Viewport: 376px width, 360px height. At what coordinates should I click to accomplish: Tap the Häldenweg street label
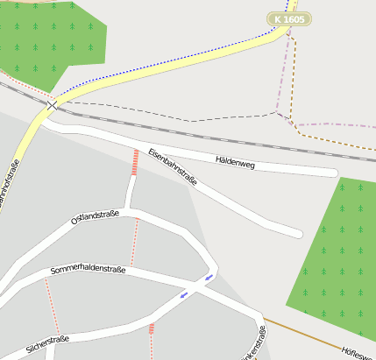coord(235,161)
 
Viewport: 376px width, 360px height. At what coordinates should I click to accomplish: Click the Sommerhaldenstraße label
coord(88,270)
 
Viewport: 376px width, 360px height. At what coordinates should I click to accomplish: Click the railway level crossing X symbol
coord(53,104)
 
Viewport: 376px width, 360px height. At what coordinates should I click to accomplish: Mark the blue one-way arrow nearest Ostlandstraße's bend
coord(209,278)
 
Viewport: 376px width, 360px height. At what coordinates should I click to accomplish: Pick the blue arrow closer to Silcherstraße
coord(183,294)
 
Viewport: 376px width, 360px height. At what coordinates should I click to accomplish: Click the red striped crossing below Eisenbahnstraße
coord(135,162)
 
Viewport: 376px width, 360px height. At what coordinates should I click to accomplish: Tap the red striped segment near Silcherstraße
coord(152,329)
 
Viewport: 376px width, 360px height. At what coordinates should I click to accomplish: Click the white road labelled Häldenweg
coord(289,167)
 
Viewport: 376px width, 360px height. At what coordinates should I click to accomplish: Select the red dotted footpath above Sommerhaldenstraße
coord(136,242)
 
